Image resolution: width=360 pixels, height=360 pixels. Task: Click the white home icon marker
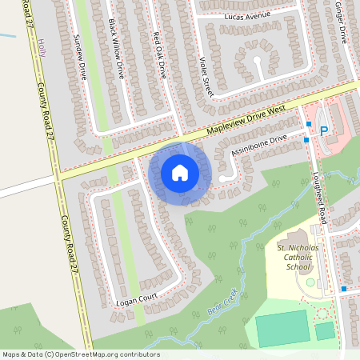[180, 172]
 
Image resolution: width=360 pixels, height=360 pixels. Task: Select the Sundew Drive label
[82, 56]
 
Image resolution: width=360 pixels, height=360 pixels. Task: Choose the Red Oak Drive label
[160, 55]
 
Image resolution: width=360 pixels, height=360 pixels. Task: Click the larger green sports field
[282, 328]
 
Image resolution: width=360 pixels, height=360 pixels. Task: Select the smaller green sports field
[325, 330]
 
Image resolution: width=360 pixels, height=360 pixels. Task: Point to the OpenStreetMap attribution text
[81, 354]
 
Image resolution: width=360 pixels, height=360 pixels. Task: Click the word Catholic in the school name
[298, 258]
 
